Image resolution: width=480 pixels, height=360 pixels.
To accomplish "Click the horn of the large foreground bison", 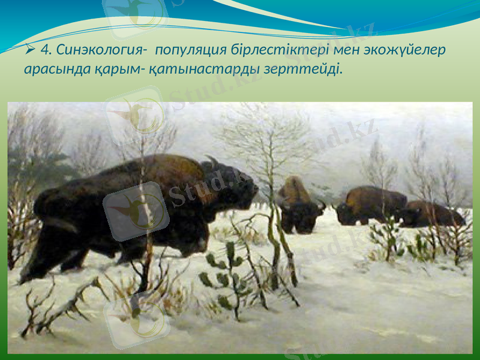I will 211,161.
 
